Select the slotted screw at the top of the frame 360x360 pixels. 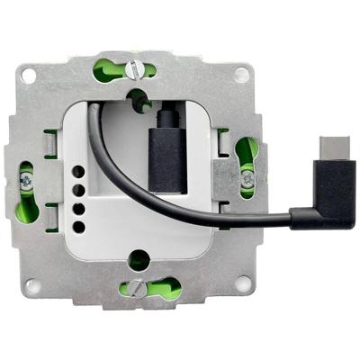point(135,67)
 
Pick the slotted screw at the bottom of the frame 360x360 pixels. point(135,288)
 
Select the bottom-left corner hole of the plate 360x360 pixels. point(33,285)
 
